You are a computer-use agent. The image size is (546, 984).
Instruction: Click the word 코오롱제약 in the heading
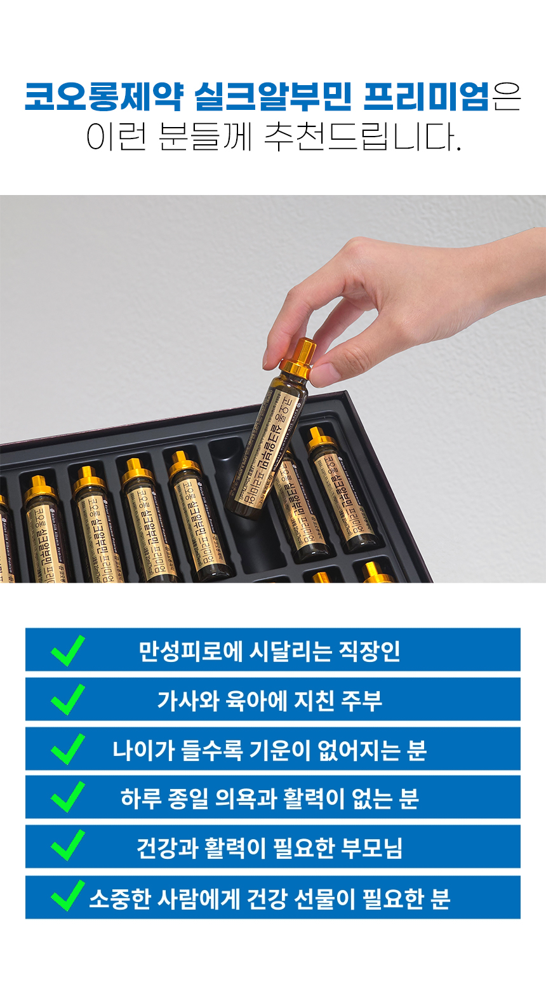click(104, 97)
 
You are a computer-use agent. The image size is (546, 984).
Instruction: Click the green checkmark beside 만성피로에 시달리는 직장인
click(68, 650)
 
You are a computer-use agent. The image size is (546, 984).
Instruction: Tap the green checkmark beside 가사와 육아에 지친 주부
click(68, 699)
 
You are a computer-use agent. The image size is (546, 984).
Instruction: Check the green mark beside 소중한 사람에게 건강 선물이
click(68, 896)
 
